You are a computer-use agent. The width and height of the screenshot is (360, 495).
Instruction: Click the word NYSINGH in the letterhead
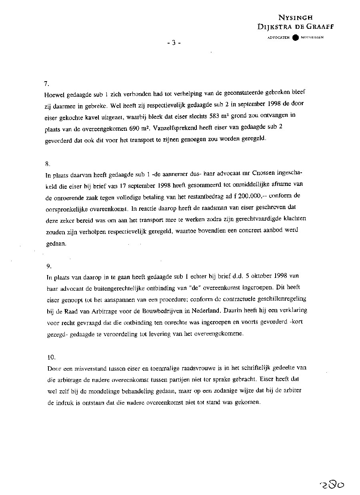tap(296, 18)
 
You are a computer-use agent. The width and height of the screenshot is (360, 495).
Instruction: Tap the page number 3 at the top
tap(174, 43)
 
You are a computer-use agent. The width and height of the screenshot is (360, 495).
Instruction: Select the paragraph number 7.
tap(46, 84)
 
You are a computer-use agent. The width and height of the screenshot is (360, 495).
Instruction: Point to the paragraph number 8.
tap(46, 163)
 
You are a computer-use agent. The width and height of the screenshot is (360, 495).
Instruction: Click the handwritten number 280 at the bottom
tap(332, 485)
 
